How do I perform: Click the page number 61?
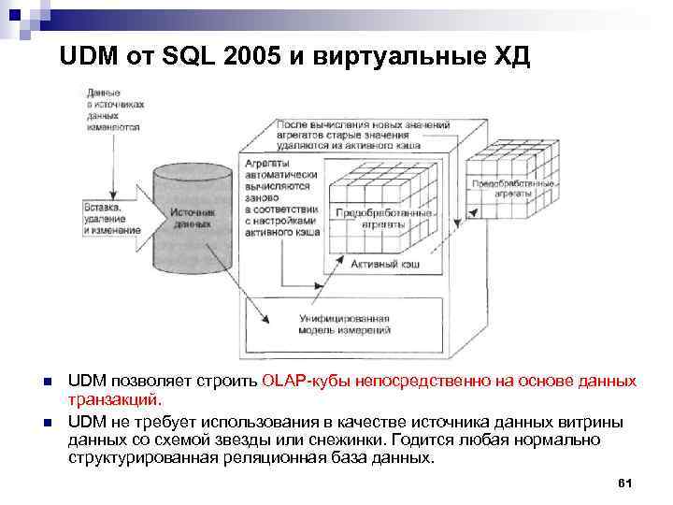click(x=626, y=483)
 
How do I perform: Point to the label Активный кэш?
click(x=384, y=266)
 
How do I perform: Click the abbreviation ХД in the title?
click(x=513, y=57)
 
